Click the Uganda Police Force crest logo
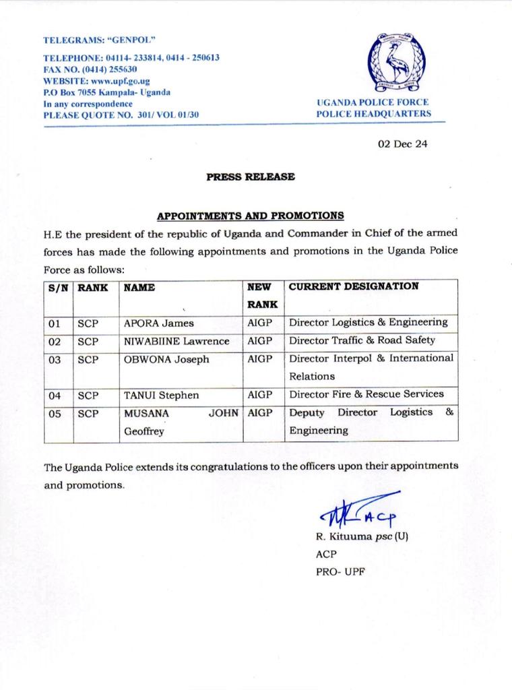point(396,63)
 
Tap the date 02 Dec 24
point(402,144)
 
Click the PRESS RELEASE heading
point(250,177)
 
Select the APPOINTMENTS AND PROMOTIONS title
point(251,216)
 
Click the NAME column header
point(139,287)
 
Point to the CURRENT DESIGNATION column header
point(354,286)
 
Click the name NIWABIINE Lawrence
point(177,341)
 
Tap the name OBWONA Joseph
point(166,359)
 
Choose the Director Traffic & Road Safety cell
point(362,341)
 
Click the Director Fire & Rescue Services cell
point(366,394)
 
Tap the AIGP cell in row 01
point(260,323)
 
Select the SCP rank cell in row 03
point(88,359)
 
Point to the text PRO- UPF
point(338,572)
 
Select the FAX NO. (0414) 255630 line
point(90,69)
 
